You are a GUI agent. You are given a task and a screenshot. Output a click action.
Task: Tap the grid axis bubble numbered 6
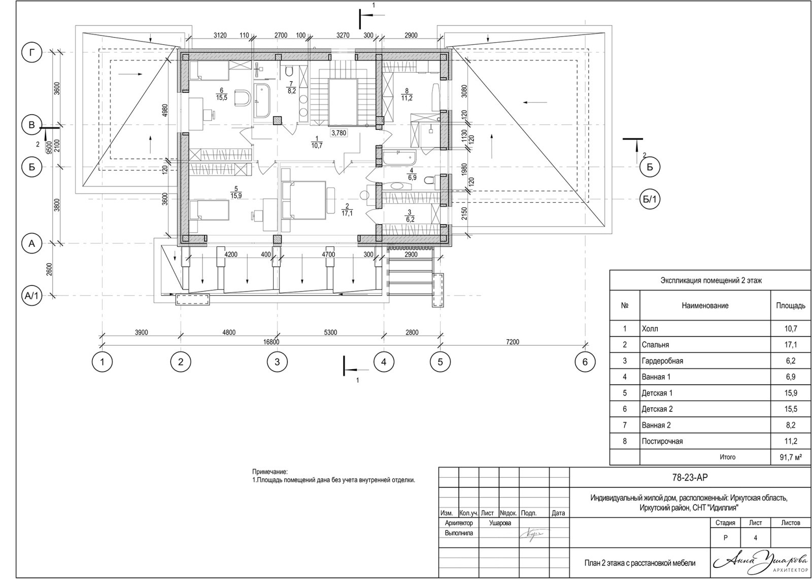[x=585, y=362]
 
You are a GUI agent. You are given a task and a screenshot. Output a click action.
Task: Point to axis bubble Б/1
[x=650, y=200]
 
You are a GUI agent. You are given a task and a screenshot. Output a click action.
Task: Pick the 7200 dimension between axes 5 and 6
[x=512, y=342]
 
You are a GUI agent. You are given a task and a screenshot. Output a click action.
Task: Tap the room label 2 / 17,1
[x=348, y=209]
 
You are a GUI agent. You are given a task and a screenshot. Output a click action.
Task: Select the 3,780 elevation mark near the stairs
[x=339, y=133]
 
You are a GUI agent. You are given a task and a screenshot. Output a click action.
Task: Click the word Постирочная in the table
[x=662, y=441]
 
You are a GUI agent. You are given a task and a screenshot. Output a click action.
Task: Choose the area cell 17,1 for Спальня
[x=790, y=345]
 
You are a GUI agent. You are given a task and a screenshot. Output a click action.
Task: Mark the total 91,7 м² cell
[x=790, y=457]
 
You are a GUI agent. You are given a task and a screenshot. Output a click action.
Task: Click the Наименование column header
[x=705, y=306]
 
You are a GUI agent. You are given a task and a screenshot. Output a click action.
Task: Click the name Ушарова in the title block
[x=500, y=523]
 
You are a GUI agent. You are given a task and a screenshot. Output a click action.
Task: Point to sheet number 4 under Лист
[x=756, y=538]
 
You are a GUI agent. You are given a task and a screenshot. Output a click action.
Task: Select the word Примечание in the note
[x=270, y=472]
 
